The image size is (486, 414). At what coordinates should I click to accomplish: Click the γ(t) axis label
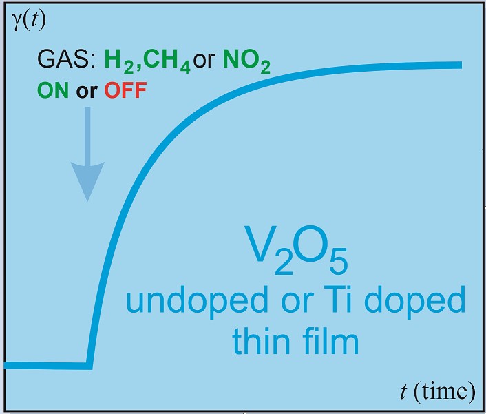pyautogui.click(x=28, y=21)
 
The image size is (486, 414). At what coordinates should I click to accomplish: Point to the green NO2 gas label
pyautogui.click(x=244, y=65)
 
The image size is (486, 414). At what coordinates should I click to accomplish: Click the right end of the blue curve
pyautogui.click(x=459, y=65)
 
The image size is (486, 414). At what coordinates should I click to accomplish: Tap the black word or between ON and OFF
pyautogui.click(x=86, y=91)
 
